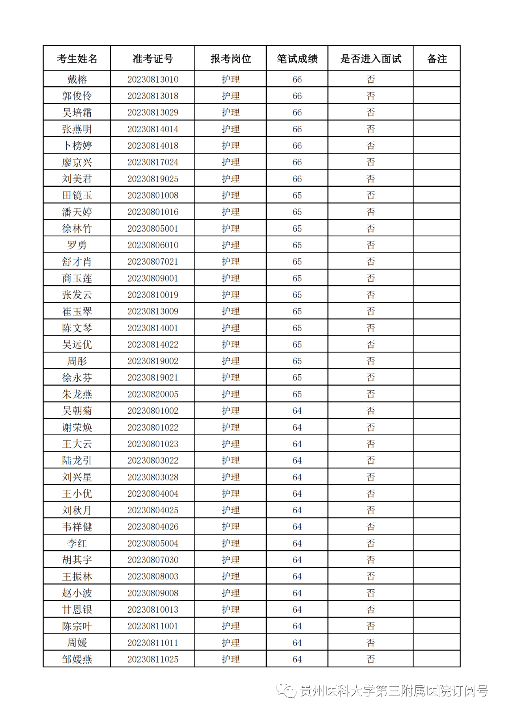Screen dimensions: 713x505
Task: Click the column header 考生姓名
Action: (77, 59)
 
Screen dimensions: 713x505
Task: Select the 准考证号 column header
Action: (153, 59)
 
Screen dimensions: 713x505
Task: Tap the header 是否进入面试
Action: (370, 59)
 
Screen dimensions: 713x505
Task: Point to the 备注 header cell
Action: (437, 59)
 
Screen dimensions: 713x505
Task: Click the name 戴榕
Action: (77, 80)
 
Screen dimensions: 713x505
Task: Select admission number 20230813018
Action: (153, 96)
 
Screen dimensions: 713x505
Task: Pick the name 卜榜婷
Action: (77, 146)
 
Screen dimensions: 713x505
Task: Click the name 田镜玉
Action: (77, 195)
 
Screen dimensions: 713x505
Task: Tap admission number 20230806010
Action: (153, 245)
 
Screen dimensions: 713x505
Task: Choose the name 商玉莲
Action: (77, 279)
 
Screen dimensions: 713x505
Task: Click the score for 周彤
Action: (297, 361)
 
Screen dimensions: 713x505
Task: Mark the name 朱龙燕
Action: (77, 394)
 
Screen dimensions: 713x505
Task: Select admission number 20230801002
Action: (153, 411)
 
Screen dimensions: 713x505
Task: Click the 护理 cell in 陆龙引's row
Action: (231, 460)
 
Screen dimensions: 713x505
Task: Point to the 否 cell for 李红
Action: (370, 544)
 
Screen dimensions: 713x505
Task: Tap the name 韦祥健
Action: (77, 527)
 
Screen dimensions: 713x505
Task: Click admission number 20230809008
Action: (153, 593)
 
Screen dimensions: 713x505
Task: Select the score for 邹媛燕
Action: (297, 659)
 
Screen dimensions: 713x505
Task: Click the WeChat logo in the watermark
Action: (286, 690)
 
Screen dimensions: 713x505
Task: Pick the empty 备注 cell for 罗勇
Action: (437, 245)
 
